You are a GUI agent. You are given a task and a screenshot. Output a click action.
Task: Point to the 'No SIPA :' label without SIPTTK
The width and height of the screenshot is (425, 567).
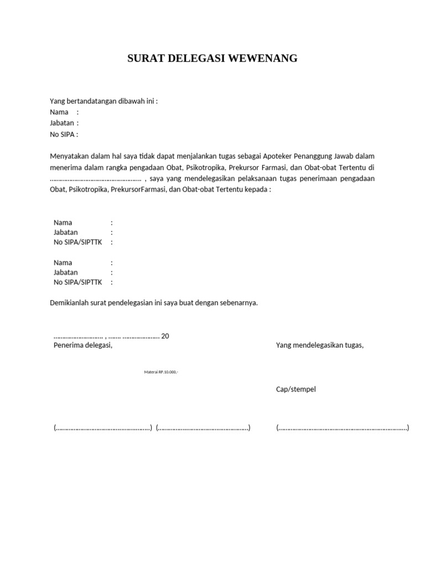coord(64,134)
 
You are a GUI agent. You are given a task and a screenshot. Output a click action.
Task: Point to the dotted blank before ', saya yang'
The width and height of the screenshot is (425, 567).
coord(96,179)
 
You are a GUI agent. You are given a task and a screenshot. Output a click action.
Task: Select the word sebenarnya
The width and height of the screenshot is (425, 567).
coord(238,303)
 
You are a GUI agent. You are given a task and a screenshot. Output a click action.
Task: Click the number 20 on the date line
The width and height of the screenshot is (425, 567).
coord(165,336)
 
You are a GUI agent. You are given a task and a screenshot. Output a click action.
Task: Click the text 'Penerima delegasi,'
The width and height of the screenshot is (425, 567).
coord(83,345)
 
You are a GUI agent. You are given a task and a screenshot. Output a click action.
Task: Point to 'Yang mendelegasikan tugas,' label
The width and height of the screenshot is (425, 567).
coord(320,345)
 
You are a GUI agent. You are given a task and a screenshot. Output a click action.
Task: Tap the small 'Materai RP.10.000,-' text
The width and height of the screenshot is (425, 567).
coord(161,372)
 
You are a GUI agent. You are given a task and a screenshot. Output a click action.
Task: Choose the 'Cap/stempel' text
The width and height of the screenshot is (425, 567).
coord(296,389)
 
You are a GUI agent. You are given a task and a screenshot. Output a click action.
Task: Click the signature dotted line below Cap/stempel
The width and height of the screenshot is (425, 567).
coord(343,427)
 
